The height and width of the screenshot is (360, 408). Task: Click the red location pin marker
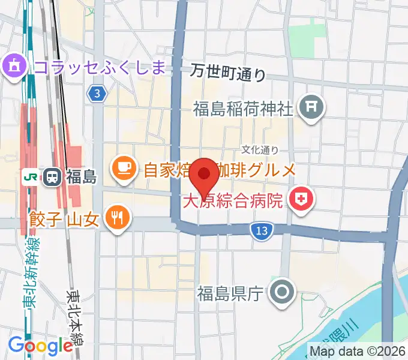pos(205,175)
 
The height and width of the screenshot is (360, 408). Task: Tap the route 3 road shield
pos(97,93)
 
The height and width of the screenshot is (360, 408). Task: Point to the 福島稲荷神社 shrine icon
pos(311,108)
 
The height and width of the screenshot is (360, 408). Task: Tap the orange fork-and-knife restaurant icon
pos(116,217)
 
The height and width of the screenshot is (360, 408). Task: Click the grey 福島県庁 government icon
pos(281,293)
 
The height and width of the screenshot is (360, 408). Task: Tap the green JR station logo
pos(28,176)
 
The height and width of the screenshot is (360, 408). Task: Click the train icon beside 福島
pos(52,176)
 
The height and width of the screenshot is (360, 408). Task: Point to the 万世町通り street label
pos(228,73)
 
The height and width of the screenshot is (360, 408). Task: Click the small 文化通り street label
pos(260,149)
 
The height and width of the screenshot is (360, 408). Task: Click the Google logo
pos(40,346)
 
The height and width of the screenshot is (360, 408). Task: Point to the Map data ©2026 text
pos(358,350)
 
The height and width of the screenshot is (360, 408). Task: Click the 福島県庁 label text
pos(230,294)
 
